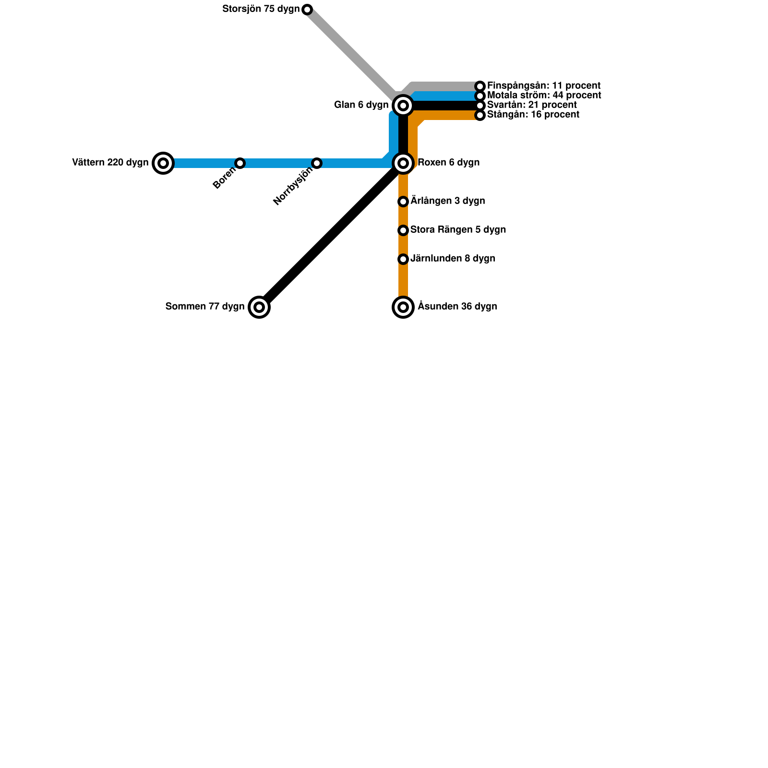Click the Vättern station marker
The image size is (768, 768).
(163, 163)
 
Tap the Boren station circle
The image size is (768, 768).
(240, 163)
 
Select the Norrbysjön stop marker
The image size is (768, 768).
(317, 163)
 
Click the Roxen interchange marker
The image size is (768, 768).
(403, 163)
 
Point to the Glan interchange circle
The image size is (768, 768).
(403, 106)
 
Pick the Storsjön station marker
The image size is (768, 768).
(307, 10)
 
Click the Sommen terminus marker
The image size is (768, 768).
(259, 307)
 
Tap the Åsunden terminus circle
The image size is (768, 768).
(403, 307)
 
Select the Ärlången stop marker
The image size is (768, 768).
(403, 202)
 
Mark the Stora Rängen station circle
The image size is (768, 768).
(403, 230)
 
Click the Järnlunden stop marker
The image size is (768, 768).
(403, 259)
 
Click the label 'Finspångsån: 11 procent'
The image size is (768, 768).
(543, 86)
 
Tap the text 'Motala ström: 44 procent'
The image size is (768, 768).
(544, 96)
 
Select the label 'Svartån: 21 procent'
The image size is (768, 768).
(532, 105)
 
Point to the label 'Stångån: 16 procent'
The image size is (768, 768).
(533, 115)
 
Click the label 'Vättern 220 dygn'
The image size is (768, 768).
(110, 163)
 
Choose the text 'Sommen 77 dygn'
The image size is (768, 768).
(205, 307)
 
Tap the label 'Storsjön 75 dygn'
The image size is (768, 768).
(261, 9)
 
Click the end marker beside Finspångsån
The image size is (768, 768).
(480, 86)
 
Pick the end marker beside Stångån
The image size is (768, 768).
(480, 115)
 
